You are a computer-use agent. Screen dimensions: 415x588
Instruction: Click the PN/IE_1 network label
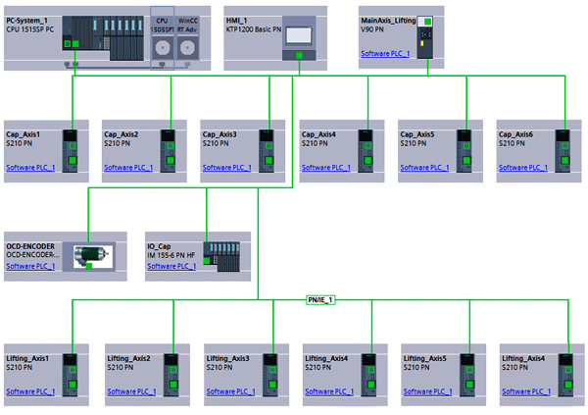tap(318, 299)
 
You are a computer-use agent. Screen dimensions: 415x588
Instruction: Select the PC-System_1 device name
tap(29, 20)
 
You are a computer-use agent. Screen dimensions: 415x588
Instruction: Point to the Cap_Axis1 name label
tap(26, 133)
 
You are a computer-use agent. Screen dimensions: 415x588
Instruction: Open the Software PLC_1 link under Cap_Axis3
tap(227, 168)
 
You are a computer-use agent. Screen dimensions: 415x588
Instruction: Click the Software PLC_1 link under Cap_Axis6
tap(523, 168)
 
